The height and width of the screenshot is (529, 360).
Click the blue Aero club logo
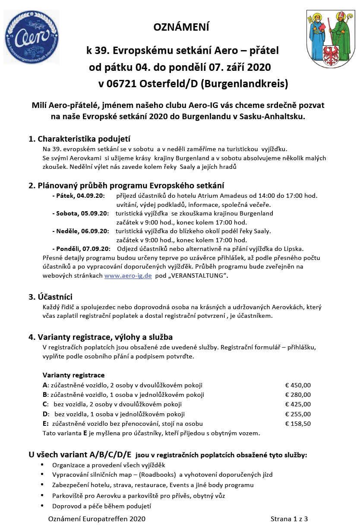(31, 37)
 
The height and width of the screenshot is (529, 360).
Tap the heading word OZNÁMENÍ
(181, 27)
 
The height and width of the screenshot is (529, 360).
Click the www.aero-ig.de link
(128, 276)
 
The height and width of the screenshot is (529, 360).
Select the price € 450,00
(298, 385)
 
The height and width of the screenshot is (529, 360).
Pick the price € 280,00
(298, 395)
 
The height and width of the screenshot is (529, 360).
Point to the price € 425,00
(298, 404)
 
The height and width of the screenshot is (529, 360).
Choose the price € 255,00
(298, 414)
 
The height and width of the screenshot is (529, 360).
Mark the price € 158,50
(298, 424)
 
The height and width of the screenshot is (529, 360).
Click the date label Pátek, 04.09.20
(80, 196)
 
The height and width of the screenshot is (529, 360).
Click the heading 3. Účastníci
(51, 297)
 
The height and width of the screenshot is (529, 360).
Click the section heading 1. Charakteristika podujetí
(79, 139)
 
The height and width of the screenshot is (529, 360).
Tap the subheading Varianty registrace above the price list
(73, 375)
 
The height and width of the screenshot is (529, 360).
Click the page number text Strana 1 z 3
(289, 519)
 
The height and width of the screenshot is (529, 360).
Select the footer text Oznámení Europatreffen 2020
(97, 519)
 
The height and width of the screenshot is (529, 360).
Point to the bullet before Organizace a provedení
(42, 465)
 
